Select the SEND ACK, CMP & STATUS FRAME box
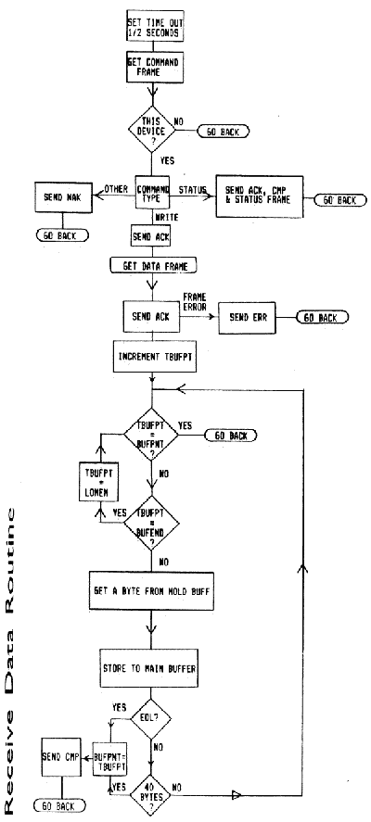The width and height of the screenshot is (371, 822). tap(262, 197)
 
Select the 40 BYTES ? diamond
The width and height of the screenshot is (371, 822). tap(149, 788)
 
